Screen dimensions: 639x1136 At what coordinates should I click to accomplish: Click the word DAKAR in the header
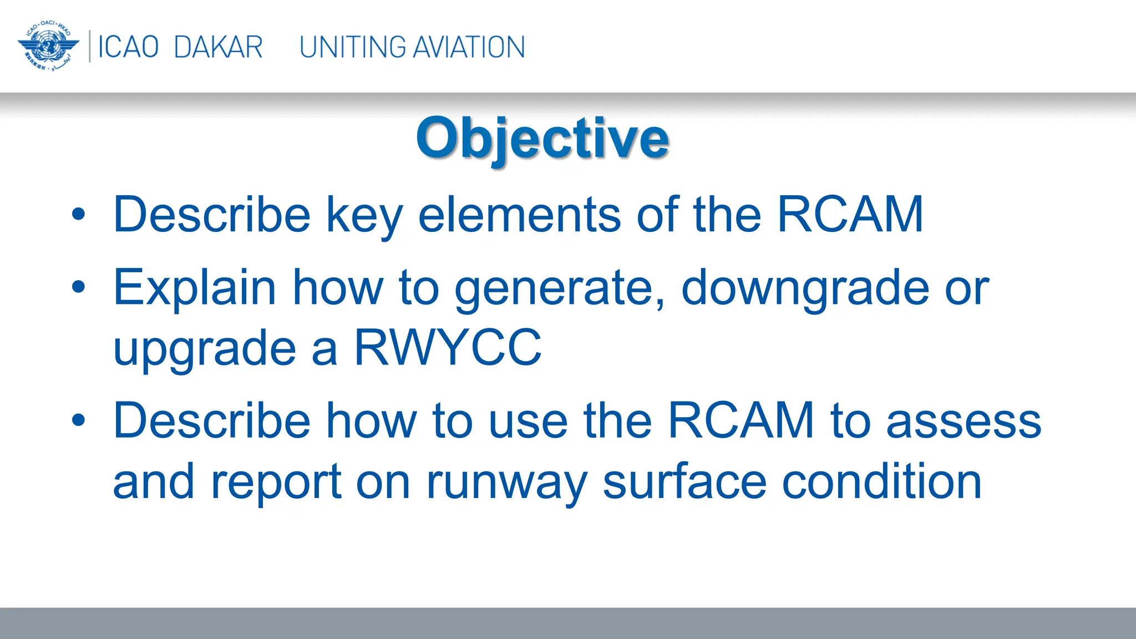(218, 47)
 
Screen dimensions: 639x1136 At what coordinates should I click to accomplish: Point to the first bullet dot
(79, 214)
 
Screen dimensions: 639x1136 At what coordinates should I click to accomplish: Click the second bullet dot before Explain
(79, 287)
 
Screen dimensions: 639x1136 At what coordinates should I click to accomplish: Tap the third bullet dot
(79, 420)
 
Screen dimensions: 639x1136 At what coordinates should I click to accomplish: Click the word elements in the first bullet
(519, 215)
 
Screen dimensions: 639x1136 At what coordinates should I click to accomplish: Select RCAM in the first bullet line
(850, 215)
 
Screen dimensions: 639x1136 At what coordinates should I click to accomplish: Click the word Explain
(195, 287)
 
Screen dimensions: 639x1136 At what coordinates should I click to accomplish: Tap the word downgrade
(805, 288)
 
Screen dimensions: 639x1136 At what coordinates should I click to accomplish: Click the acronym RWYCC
(448, 348)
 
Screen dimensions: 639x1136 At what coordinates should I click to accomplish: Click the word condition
(882, 481)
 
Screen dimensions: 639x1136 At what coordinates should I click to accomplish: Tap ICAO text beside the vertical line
(128, 47)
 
